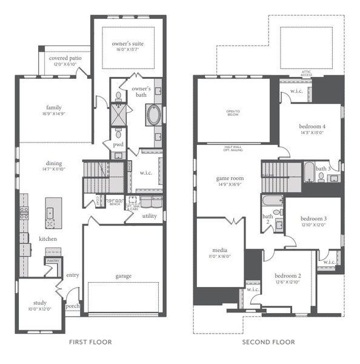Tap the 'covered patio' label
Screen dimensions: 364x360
click(59, 58)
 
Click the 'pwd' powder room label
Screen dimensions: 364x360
click(118, 145)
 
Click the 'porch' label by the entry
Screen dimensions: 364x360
click(73, 306)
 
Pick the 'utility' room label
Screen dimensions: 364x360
click(150, 216)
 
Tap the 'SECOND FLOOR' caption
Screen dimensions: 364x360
click(268, 343)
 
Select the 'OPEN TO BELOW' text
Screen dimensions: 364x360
click(233, 113)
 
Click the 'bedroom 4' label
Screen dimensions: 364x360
click(312, 126)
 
